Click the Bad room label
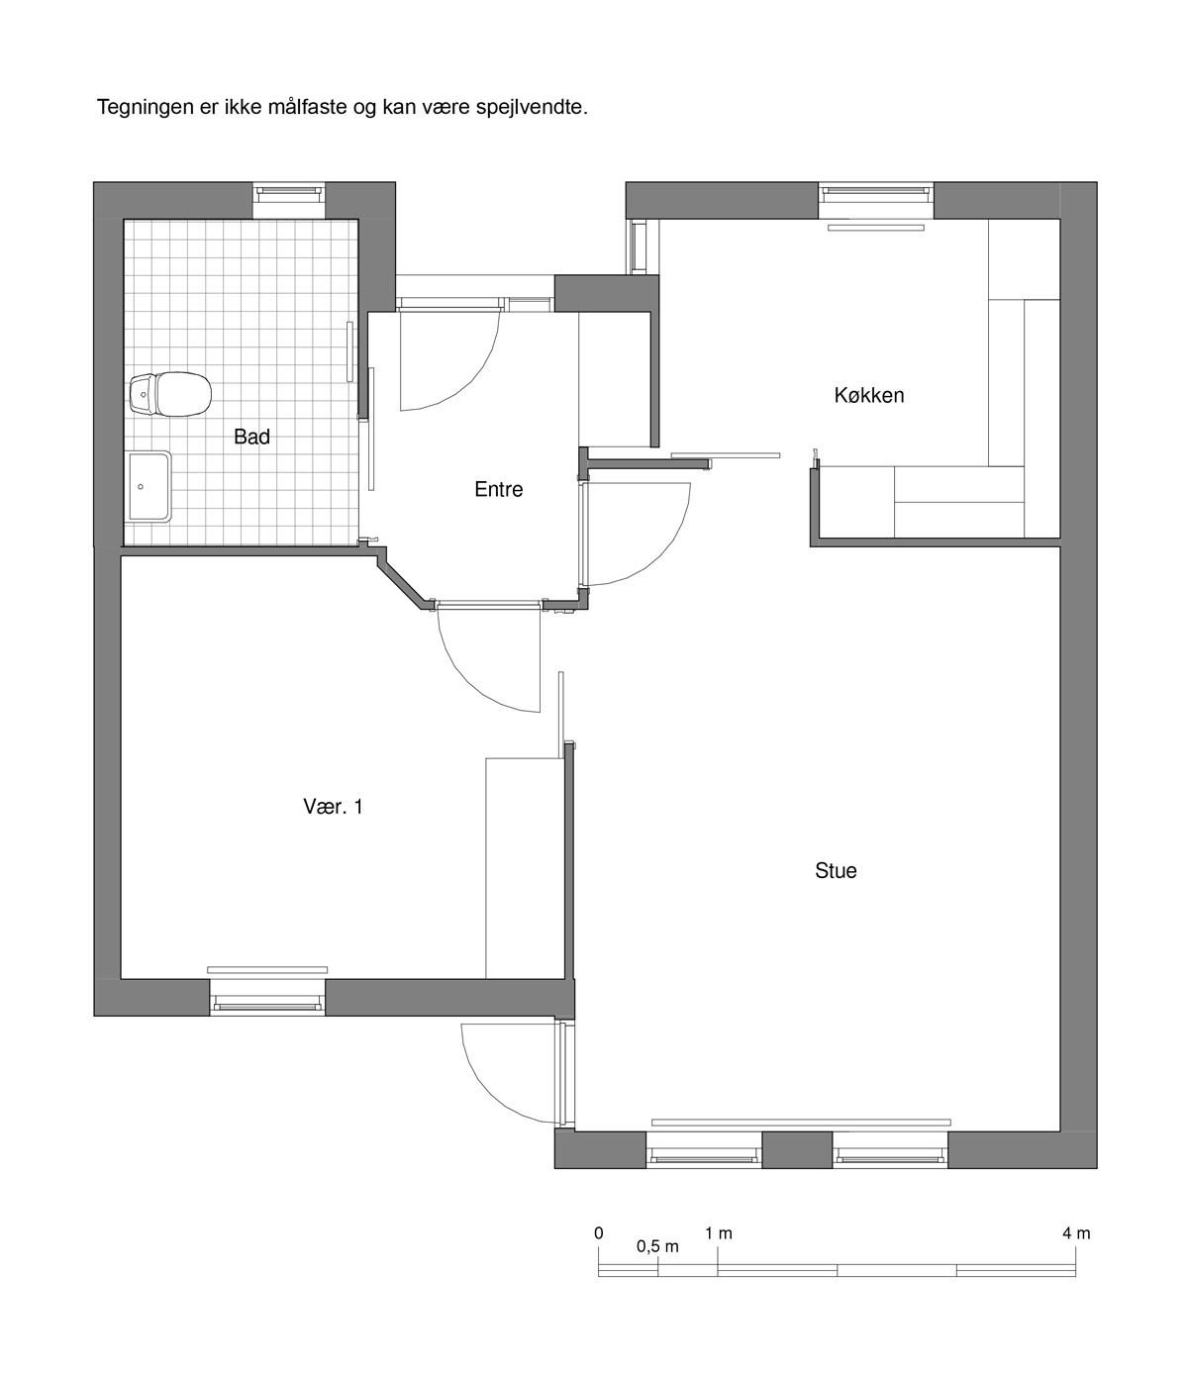(x=251, y=437)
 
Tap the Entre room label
(x=498, y=490)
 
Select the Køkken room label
(x=869, y=395)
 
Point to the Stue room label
(x=836, y=870)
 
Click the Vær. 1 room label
(x=333, y=807)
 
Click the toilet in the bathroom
(x=170, y=394)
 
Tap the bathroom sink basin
(x=149, y=486)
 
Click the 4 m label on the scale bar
(x=1076, y=1233)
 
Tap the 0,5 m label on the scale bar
(x=657, y=1247)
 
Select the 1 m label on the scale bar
(x=719, y=1233)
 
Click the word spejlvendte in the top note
(x=532, y=108)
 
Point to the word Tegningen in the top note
(x=146, y=108)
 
